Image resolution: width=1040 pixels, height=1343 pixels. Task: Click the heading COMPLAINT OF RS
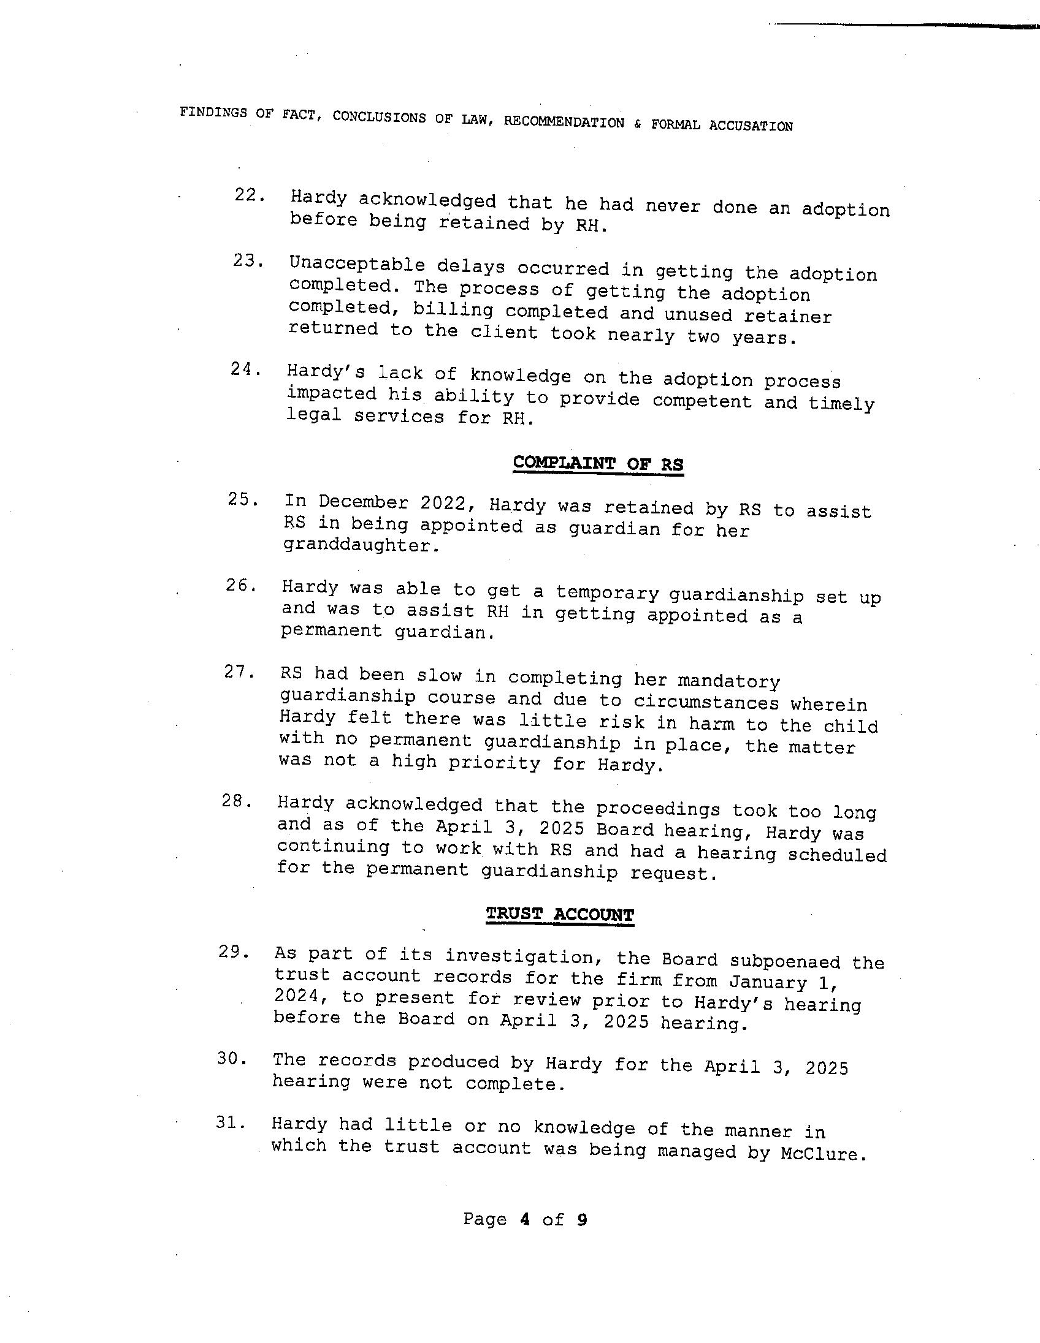(x=597, y=464)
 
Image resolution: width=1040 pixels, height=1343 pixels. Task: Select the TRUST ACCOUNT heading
(x=559, y=914)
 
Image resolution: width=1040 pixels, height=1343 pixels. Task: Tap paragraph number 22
(x=249, y=195)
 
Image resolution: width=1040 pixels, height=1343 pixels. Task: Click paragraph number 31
(x=231, y=1123)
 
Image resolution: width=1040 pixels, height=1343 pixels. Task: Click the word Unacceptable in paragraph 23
(x=357, y=266)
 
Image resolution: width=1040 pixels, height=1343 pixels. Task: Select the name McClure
(x=823, y=1154)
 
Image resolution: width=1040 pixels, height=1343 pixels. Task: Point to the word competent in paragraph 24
(x=702, y=401)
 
